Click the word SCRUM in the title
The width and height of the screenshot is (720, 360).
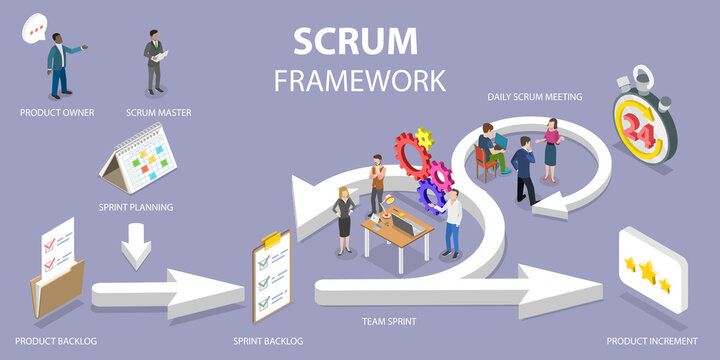click(355, 41)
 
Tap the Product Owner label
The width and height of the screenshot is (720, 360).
click(57, 112)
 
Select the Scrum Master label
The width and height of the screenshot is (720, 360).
click(159, 112)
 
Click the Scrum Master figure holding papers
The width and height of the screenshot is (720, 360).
click(155, 63)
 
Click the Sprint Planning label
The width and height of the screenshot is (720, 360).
click(136, 207)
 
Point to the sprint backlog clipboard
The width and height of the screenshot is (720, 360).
click(271, 274)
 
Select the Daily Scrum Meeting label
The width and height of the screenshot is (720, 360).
click(534, 97)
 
